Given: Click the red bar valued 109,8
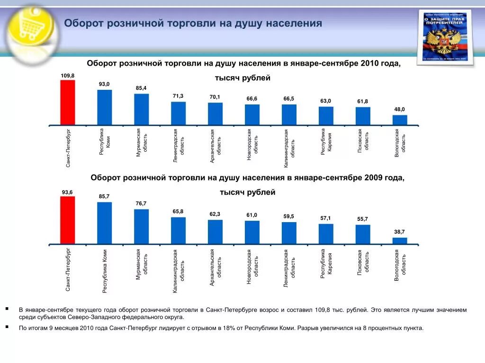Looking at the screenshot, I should [x=68, y=103].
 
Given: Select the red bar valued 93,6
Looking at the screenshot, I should [x=68, y=220].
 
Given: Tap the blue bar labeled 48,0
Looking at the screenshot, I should [x=400, y=120].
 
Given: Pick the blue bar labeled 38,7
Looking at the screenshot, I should [x=400, y=241].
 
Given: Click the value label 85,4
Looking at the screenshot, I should [x=141, y=88].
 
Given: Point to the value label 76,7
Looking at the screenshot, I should [x=141, y=204].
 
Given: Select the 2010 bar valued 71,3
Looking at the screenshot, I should [x=179, y=113].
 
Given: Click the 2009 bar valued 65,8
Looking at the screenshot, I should [x=179, y=231].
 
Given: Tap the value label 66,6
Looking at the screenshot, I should [x=252, y=99].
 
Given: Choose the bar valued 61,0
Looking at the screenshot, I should [x=252, y=232].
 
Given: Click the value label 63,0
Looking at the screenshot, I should [x=326, y=101].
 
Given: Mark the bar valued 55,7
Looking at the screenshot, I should [x=363, y=234].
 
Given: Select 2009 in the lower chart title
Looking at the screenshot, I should [x=374, y=178].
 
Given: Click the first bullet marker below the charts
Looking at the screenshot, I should [x=8, y=308].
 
